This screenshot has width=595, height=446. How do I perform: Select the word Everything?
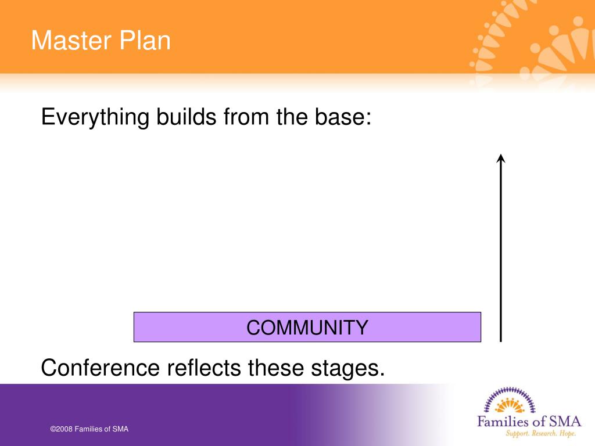tap(95, 117)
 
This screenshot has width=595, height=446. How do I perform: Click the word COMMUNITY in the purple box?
tap(307, 328)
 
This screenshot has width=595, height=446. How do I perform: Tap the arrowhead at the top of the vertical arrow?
tap(501, 158)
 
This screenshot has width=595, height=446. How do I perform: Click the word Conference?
tap(101, 368)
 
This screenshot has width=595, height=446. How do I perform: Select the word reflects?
tap(204, 368)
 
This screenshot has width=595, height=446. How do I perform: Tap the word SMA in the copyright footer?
tap(120, 429)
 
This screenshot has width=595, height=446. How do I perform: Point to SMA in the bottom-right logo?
tap(565, 422)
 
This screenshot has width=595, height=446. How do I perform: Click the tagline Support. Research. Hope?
tap(541, 433)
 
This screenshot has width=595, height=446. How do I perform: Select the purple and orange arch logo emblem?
tap(510, 400)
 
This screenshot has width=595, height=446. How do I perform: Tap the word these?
tap(276, 368)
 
